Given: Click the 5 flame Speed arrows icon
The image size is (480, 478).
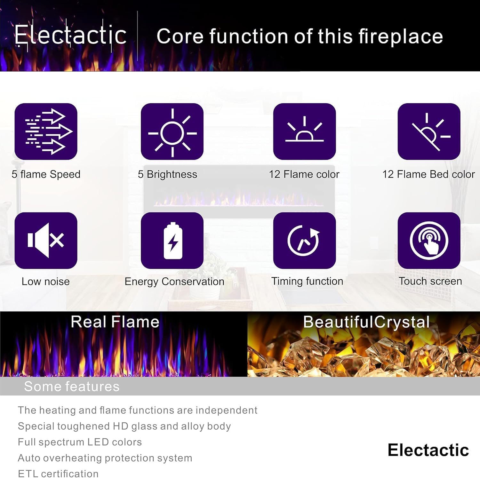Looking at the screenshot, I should (46, 131).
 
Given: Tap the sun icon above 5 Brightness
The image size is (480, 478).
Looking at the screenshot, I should (172, 131).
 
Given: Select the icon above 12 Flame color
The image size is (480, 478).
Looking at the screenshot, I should (304, 131).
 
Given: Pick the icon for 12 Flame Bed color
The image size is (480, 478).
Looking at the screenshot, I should (429, 131).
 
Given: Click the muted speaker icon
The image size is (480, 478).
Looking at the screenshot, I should (46, 240).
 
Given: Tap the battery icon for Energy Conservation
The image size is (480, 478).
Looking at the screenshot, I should (172, 240).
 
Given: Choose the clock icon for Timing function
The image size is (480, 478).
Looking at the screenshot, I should (304, 240).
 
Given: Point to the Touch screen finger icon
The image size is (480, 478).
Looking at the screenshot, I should (429, 240).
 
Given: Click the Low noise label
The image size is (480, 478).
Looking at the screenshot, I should (45, 282).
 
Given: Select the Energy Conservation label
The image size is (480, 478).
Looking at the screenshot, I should (174, 282).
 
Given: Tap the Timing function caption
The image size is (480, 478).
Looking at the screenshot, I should (307, 281).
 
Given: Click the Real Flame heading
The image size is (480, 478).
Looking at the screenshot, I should (115, 322).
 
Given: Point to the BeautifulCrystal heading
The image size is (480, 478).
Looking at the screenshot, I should (366, 322).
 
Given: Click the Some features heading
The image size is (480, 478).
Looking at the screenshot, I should (72, 386).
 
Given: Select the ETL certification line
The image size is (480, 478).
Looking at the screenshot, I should (58, 474).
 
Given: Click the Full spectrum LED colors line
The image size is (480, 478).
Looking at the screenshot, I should (80, 442).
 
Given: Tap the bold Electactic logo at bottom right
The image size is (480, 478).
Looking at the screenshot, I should (428, 450).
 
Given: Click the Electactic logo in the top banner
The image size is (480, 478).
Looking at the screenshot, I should (70, 35).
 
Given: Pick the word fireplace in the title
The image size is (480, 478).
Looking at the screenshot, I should (401, 36).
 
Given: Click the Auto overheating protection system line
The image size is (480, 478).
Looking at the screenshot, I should (105, 458).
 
